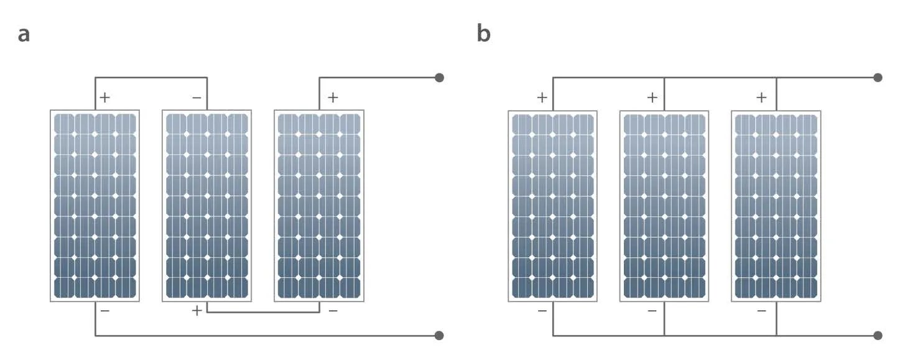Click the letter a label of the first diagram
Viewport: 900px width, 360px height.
coord(24,34)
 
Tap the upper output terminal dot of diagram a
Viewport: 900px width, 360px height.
coord(439,78)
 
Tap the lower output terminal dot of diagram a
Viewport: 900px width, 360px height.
coord(439,336)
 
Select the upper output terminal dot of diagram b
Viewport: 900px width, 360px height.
coord(878,78)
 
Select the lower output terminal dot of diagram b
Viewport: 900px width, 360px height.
coord(878,336)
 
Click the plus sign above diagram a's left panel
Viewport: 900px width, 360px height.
coord(105,98)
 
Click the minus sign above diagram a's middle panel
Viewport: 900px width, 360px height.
coord(197,98)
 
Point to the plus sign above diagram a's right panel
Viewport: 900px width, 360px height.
coord(333,98)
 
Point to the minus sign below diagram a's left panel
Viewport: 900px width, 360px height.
coord(105,310)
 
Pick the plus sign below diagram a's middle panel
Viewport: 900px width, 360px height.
coord(197,311)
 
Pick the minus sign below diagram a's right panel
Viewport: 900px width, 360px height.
coord(333,310)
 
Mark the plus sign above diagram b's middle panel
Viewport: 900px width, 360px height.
coord(652,98)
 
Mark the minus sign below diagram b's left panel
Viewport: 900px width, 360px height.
coord(542,310)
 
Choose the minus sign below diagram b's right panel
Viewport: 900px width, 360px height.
coord(761,310)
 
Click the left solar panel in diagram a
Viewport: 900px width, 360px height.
coord(95,206)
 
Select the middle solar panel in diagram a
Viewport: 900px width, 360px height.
coord(207,206)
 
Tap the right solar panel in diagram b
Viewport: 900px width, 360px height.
coord(776,206)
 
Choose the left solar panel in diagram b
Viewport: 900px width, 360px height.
coord(553,206)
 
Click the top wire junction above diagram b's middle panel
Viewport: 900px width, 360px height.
coord(665,78)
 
